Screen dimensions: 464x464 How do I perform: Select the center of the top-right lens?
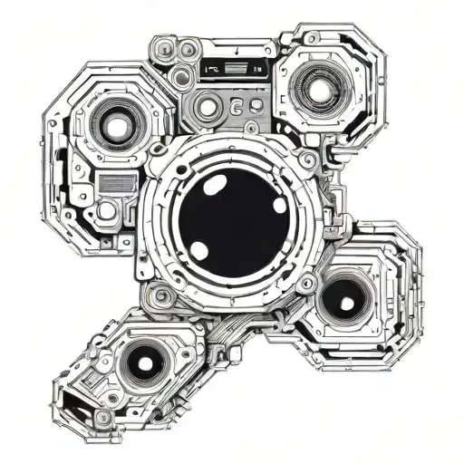pos(318,87)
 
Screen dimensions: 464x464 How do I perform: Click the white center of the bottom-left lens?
pos(145,362)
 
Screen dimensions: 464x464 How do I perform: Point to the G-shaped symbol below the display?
pos(237,108)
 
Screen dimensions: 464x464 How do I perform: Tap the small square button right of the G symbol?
pos(257,107)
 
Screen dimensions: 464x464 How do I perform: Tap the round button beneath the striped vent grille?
pos(107,210)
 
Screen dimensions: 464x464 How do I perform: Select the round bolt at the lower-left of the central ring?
pos(161,295)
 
